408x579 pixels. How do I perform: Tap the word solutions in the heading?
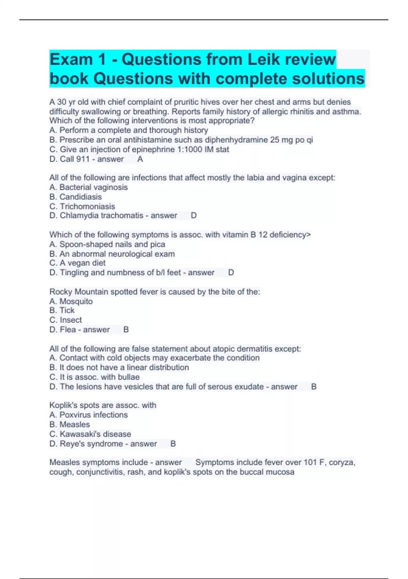click(x=328, y=79)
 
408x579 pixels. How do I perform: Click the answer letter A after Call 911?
click(x=140, y=159)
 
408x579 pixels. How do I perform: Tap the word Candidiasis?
click(x=81, y=197)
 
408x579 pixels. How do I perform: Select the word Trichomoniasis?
click(x=87, y=206)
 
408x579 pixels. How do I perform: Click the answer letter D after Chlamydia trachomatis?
click(x=194, y=216)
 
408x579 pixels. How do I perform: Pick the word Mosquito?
click(x=76, y=301)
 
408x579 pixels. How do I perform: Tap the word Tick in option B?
click(x=67, y=310)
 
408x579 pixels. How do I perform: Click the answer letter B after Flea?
click(x=126, y=330)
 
